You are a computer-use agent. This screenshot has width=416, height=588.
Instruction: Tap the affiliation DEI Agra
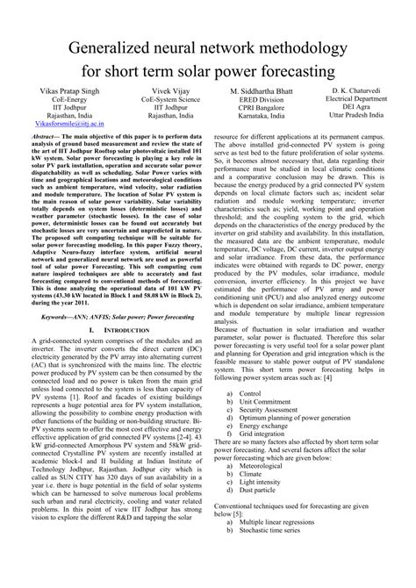point(366,108)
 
